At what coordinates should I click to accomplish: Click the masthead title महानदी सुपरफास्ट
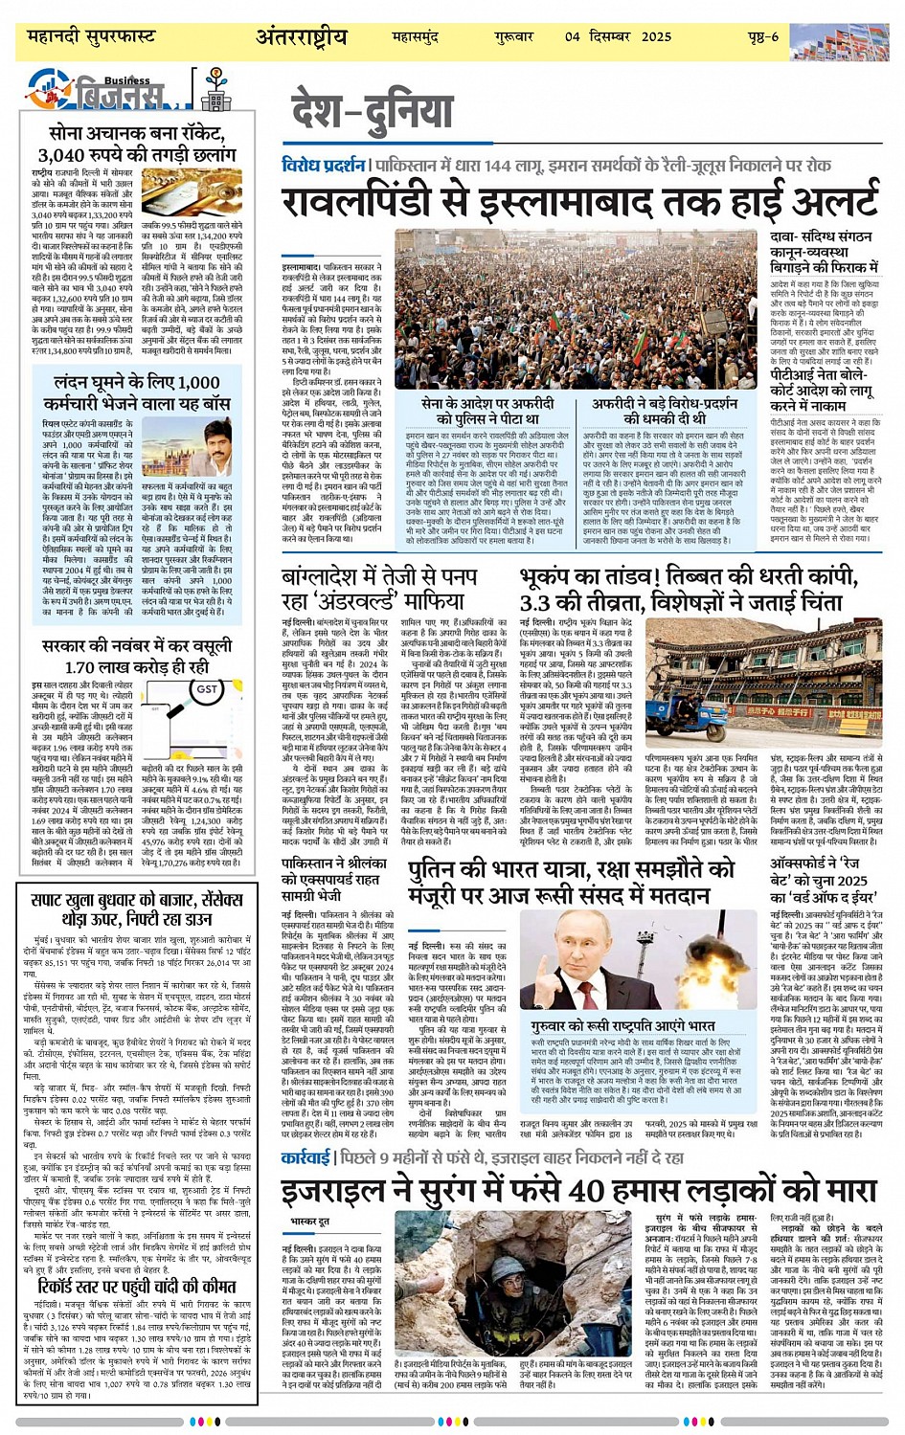[91, 37]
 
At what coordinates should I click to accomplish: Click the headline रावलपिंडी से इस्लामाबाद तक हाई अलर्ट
[579, 203]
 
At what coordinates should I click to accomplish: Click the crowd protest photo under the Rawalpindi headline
[578, 309]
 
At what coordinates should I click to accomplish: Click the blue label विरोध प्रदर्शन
[325, 165]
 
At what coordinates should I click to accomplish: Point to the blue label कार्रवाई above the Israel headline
[305, 1157]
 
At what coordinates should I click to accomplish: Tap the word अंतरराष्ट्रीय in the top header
[301, 37]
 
